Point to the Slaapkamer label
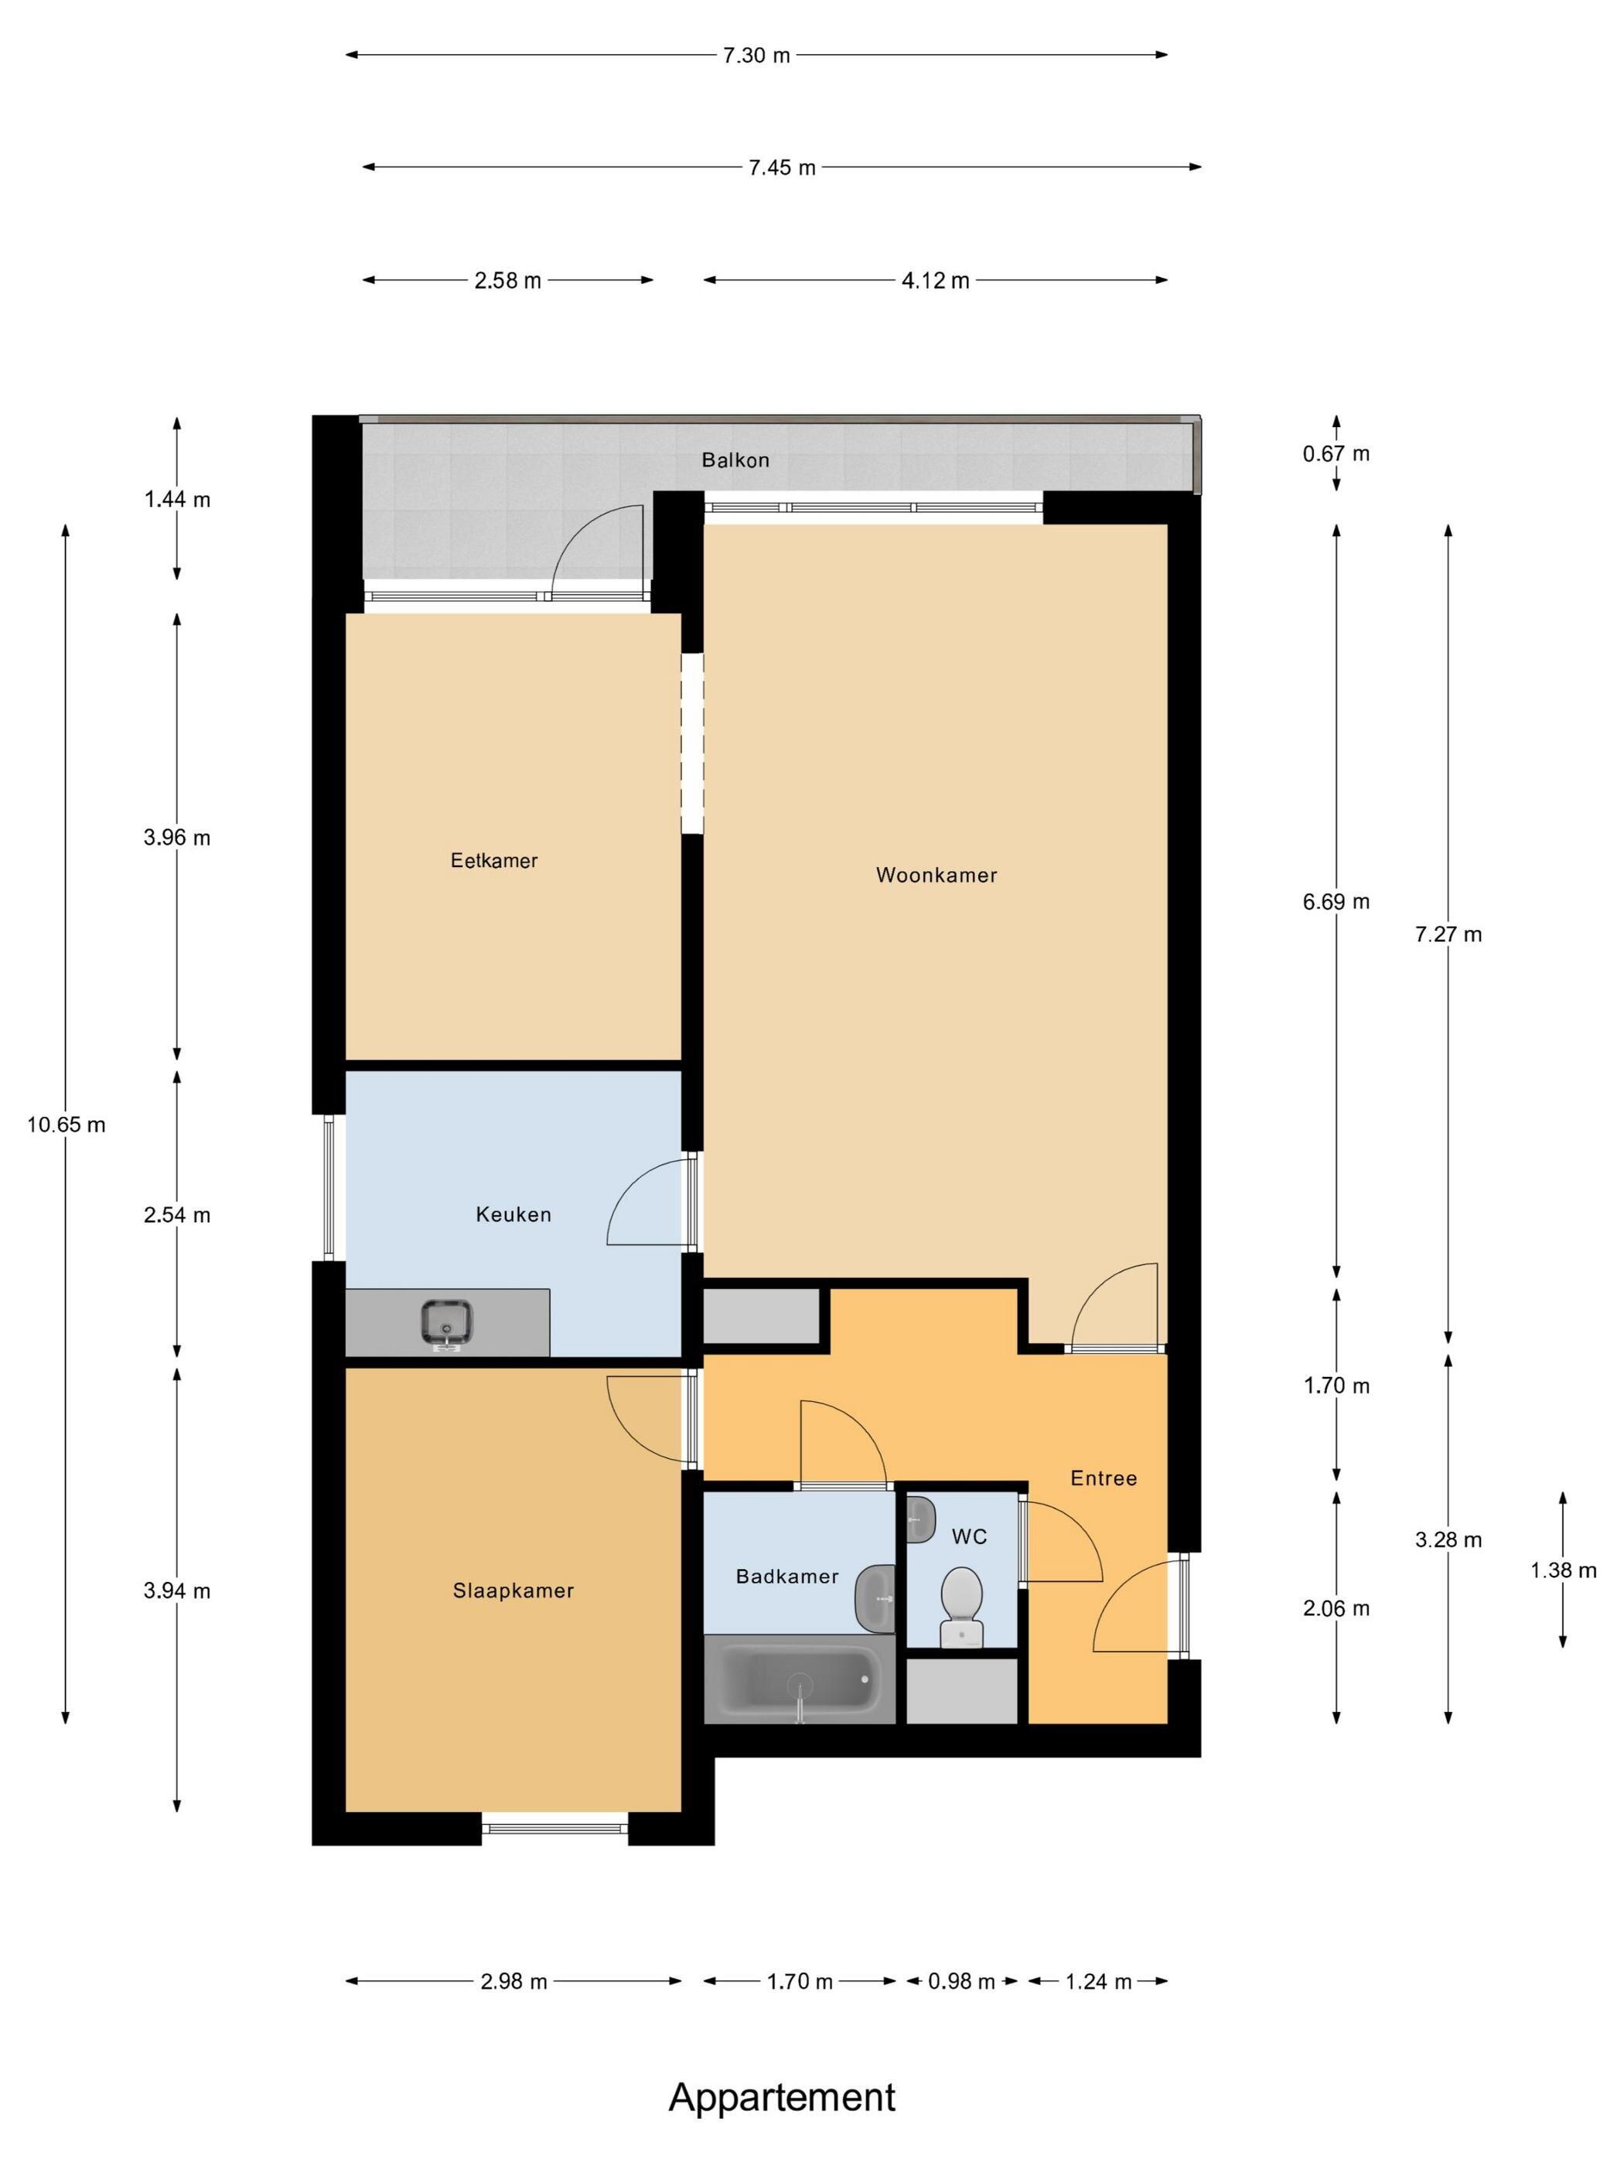coord(513,1590)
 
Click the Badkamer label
coord(787,1577)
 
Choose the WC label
coord(969,1536)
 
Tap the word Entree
coord(1104,1478)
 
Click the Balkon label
coord(735,460)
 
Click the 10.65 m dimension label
coord(66,1125)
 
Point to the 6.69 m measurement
coord(1336,902)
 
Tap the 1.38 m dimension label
coord(1564,1570)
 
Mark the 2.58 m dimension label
coord(507,281)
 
